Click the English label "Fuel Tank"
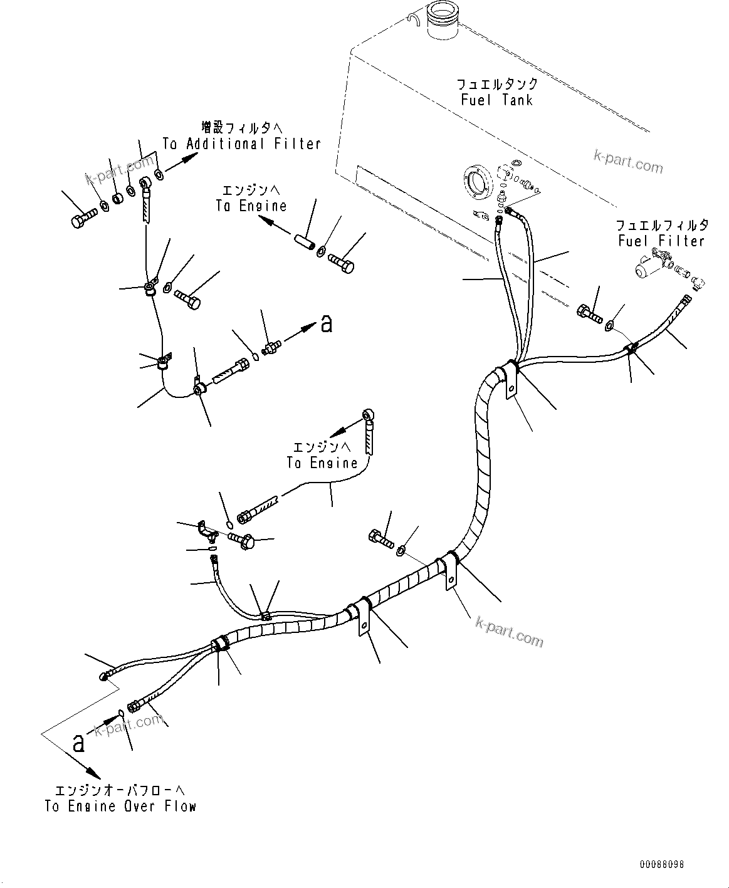click(x=496, y=100)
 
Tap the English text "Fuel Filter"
click(x=661, y=241)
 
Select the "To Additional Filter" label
click(x=241, y=144)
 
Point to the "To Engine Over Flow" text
click(x=120, y=807)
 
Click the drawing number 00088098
click(x=661, y=864)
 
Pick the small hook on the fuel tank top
click(x=412, y=19)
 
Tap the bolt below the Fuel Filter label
click(x=588, y=310)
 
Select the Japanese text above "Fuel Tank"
click(x=496, y=83)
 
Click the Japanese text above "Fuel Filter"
click(x=662, y=224)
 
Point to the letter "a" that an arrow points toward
click(x=326, y=323)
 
